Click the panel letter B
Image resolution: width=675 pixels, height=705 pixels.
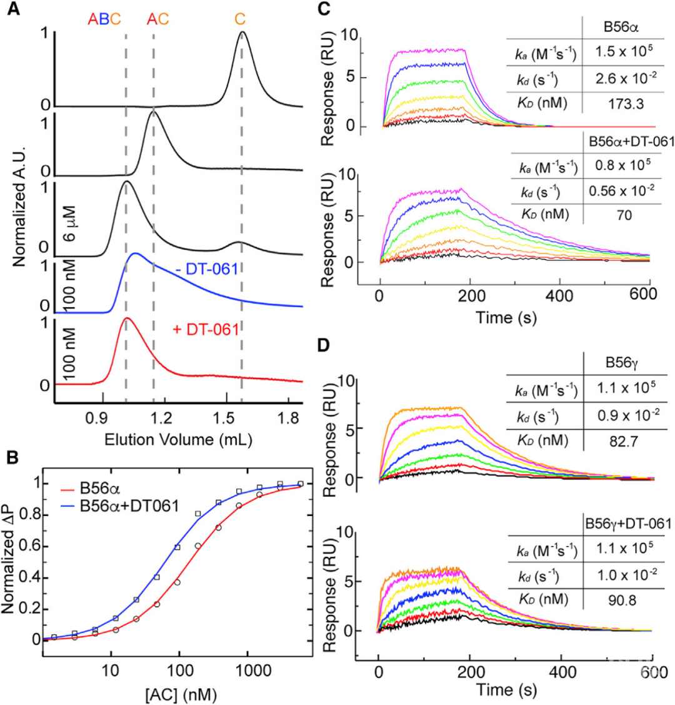click(x=14, y=458)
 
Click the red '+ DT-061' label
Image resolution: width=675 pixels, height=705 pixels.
click(x=206, y=329)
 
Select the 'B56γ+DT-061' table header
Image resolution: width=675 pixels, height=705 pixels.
click(x=626, y=522)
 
